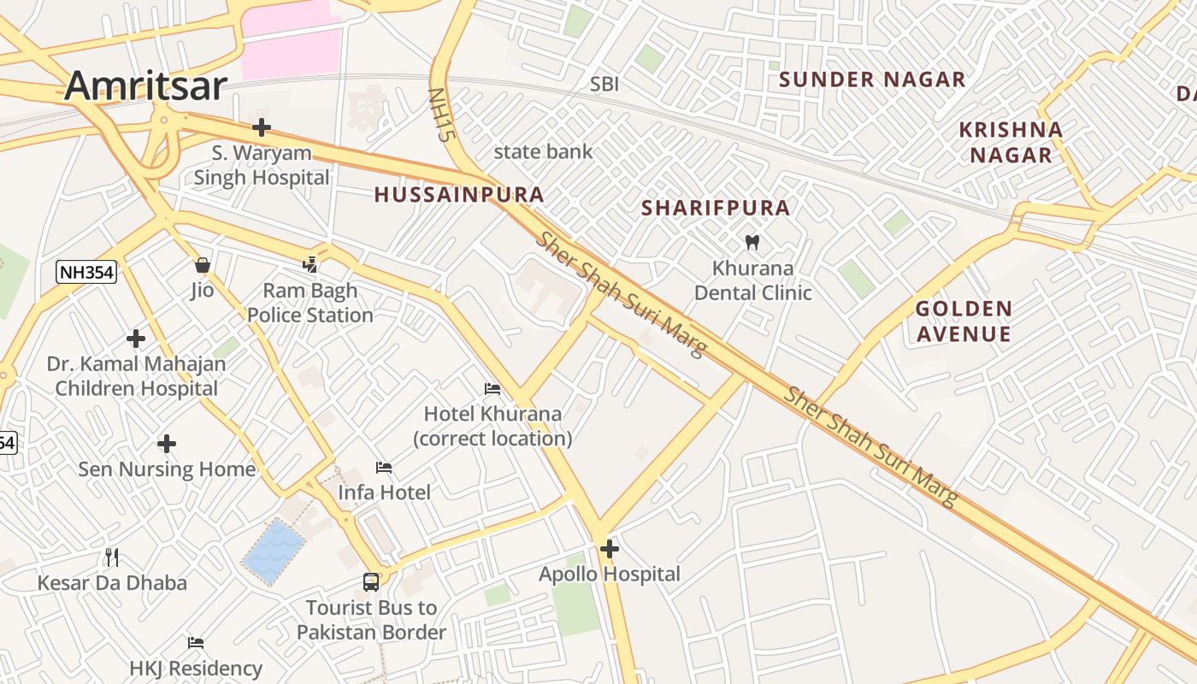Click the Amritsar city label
[x=145, y=85]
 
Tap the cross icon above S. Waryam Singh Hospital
[x=262, y=128]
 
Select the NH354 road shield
[x=86, y=273]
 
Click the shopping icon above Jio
[x=203, y=265]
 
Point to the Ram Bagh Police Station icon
[x=310, y=265]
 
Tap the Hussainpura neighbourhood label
[x=459, y=195]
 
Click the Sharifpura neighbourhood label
[x=716, y=208]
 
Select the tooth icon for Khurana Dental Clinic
[x=752, y=242]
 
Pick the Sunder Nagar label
[x=872, y=80]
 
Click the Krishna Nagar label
[x=1011, y=142]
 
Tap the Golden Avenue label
[x=964, y=321]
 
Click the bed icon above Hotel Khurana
[x=492, y=389]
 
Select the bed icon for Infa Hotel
[x=384, y=467]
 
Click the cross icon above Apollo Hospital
[x=610, y=549]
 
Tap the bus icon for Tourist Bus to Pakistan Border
[x=371, y=582]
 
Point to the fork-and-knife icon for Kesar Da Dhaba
[x=112, y=557]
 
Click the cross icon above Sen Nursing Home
[x=167, y=444]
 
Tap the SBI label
[x=604, y=84]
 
